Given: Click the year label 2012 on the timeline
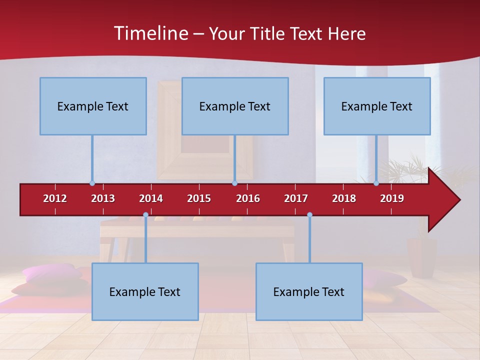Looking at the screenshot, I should [55, 198].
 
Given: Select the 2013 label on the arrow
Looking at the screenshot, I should [103, 198].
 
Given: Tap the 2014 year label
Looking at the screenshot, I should [151, 198].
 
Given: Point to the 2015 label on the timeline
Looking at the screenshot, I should [199, 198].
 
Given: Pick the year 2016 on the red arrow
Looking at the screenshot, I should [248, 198].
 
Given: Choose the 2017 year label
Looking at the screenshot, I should [296, 198].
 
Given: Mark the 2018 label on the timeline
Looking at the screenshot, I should [344, 198].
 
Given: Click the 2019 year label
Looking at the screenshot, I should [392, 198].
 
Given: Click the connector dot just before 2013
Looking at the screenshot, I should [92, 183].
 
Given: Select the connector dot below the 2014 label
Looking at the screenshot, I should [145, 215].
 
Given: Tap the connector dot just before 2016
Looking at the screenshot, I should [234, 183].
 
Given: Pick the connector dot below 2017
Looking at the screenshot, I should [309, 215].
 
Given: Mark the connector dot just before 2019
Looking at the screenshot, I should [376, 183].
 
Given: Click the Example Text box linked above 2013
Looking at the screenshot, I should [93, 106].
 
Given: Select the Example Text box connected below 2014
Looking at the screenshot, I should [145, 291].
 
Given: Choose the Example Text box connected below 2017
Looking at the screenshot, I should [309, 291].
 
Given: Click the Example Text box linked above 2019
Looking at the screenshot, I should [377, 106].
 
